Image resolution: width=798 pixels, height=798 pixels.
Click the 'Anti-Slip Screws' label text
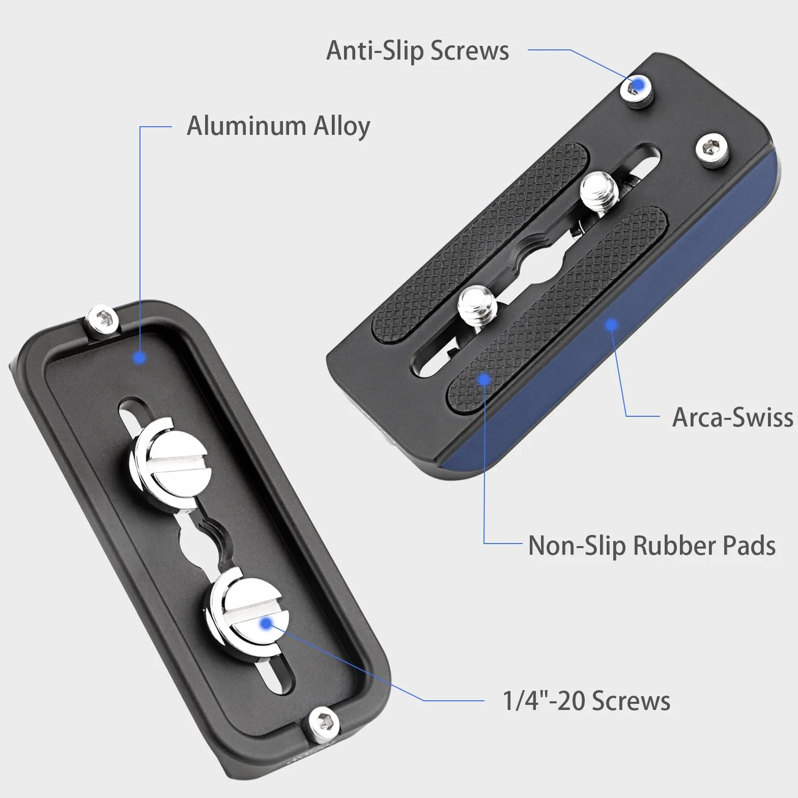click(417, 50)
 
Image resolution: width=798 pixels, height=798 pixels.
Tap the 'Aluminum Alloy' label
click(278, 126)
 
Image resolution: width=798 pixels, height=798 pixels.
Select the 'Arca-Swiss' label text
click(732, 417)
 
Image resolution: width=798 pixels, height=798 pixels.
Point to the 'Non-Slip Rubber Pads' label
click(652, 546)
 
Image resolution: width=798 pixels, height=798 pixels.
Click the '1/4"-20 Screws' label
click(586, 701)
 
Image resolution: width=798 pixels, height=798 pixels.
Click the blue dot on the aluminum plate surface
click(139, 357)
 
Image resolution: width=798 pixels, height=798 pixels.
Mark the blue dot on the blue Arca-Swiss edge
click(611, 324)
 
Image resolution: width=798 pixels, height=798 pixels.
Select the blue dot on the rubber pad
click(484, 379)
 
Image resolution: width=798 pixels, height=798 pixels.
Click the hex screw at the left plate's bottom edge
click(324, 723)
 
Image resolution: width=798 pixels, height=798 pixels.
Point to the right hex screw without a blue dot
click(711, 149)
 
